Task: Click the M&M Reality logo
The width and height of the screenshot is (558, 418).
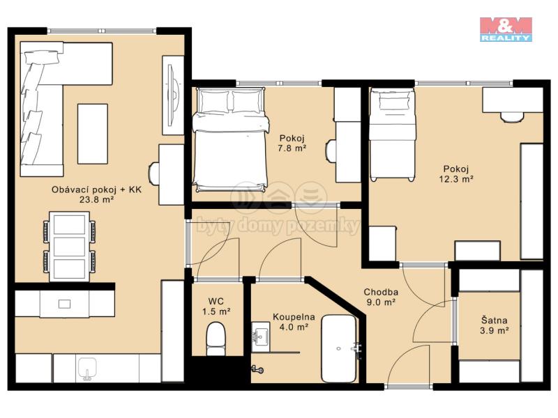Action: point(506,29)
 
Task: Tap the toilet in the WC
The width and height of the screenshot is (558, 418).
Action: point(216,339)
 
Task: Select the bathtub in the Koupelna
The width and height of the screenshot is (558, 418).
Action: point(339,349)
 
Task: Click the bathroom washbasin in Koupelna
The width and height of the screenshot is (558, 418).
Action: point(260,334)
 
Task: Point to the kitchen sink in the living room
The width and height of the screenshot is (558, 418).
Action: point(87,369)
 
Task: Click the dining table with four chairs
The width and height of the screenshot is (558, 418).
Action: point(69,247)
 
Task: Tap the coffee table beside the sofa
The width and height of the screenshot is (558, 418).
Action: point(93,134)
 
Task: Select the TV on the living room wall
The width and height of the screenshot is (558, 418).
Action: point(172,95)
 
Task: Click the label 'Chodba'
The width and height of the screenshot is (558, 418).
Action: point(381,292)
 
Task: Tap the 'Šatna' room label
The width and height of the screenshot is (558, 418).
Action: point(495,320)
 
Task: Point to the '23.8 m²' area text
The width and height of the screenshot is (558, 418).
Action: point(96,200)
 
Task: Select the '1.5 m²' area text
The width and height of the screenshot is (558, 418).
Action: point(216,311)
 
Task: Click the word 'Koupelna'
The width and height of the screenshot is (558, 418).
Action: point(294,317)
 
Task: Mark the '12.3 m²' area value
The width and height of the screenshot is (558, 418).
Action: point(456,179)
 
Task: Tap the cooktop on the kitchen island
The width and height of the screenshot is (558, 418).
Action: point(64,304)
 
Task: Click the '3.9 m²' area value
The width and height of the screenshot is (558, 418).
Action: point(494,331)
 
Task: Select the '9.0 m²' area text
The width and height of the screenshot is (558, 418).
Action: point(381,302)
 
